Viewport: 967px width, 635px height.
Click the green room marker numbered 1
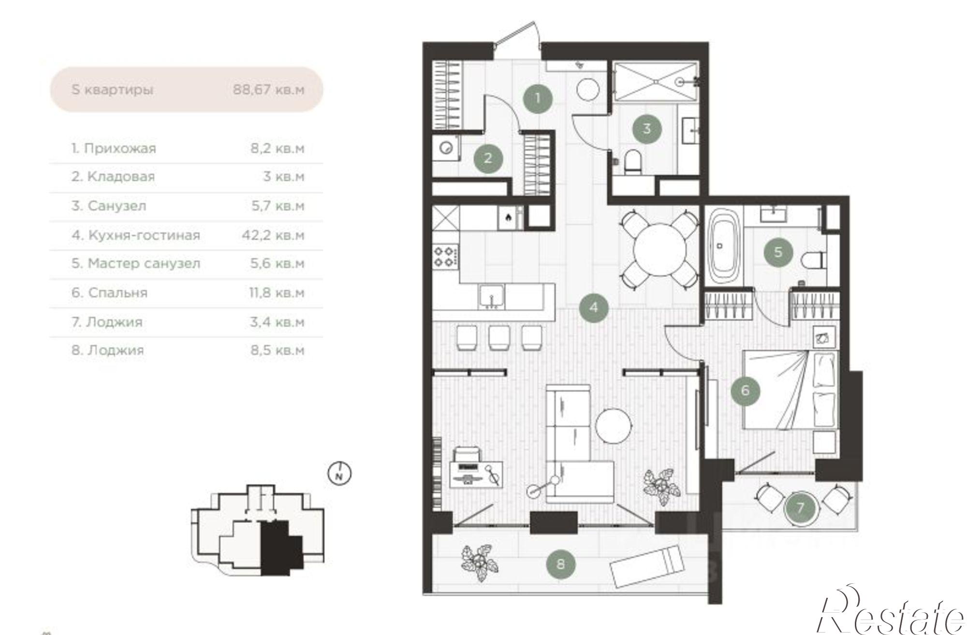pos(538,99)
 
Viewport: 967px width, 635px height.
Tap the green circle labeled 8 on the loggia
pos(560,563)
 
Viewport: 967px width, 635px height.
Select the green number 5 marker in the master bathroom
pos(778,252)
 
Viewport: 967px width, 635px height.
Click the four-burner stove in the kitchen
pos(445,256)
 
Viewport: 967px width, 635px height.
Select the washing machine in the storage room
pos(446,147)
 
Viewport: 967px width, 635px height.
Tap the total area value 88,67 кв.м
pos(269,90)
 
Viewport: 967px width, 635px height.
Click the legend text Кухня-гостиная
pos(144,235)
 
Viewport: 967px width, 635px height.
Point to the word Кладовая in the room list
pos(121,177)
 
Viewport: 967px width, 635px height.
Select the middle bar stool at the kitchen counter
pos(499,337)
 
